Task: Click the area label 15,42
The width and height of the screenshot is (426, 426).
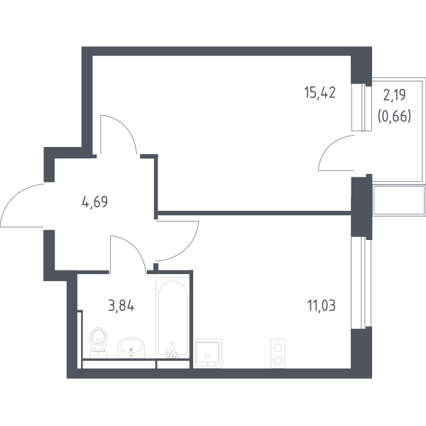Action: pyautogui.click(x=320, y=92)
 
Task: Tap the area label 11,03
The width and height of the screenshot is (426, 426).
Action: pyautogui.click(x=322, y=305)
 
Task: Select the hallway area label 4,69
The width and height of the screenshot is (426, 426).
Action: pyautogui.click(x=95, y=202)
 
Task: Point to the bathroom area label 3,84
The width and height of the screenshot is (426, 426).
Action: pyautogui.click(x=121, y=306)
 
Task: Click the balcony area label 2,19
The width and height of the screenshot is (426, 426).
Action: pyautogui.click(x=394, y=95)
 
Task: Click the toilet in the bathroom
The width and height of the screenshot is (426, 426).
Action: pyautogui.click(x=99, y=343)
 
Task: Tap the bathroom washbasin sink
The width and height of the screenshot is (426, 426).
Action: pyautogui.click(x=131, y=348)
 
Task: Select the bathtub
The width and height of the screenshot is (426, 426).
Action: pyautogui.click(x=173, y=317)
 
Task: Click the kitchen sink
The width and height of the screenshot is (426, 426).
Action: pyautogui.click(x=208, y=353)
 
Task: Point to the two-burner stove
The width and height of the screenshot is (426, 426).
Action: pyautogui.click(x=278, y=353)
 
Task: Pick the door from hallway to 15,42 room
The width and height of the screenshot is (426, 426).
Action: pyautogui.click(x=119, y=134)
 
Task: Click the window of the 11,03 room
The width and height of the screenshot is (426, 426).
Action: pyautogui.click(x=361, y=283)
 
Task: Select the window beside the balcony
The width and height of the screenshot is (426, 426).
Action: pyautogui.click(x=361, y=107)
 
